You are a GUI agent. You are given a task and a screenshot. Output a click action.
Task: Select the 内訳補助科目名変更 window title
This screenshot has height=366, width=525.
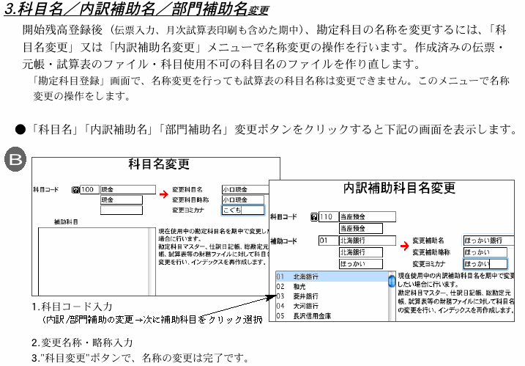(399, 188)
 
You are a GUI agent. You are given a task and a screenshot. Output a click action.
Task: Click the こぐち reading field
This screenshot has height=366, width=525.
(241, 210)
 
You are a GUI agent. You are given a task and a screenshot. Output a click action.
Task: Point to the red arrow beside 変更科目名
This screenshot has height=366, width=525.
(163, 194)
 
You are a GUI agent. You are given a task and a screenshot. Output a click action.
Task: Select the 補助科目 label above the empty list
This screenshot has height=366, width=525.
(67, 221)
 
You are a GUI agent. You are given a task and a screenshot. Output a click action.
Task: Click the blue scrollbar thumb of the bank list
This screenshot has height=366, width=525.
(392, 280)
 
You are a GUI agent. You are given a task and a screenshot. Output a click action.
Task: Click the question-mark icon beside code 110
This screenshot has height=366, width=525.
(314, 217)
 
